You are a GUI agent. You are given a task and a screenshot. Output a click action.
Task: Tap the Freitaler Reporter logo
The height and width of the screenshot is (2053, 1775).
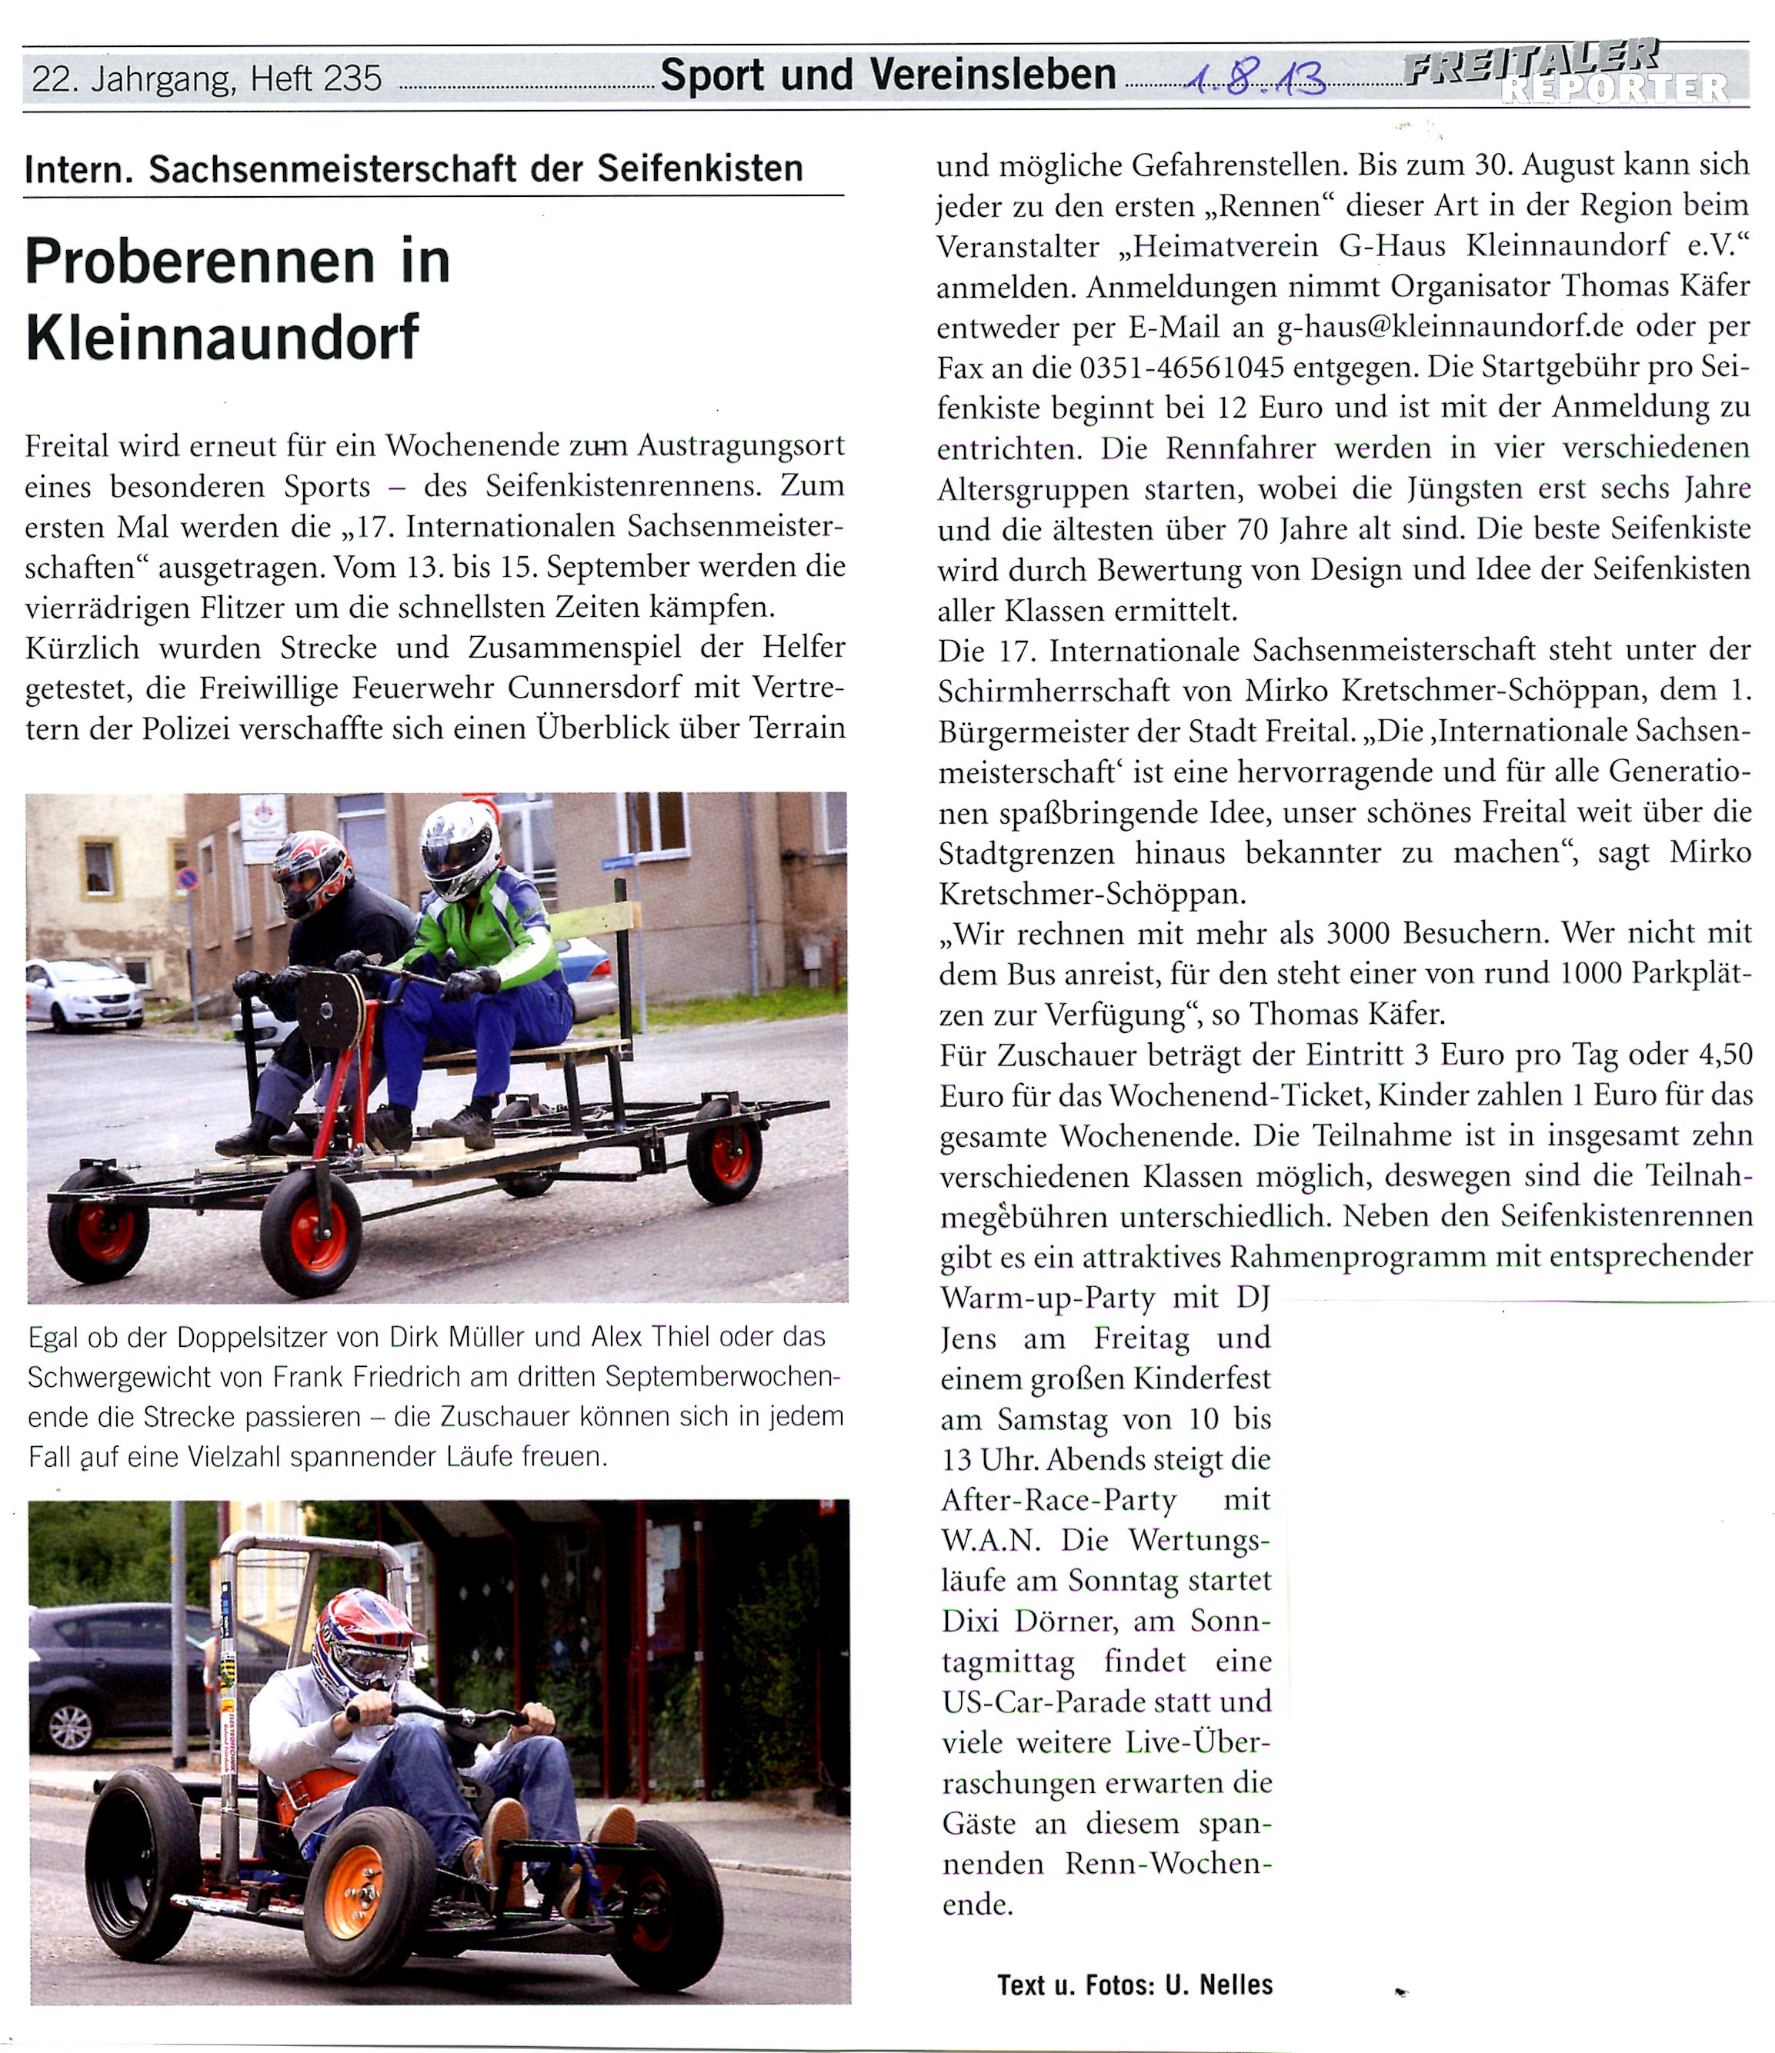coord(1566,72)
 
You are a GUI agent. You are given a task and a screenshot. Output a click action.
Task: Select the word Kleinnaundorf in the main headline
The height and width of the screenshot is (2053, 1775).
coord(223,338)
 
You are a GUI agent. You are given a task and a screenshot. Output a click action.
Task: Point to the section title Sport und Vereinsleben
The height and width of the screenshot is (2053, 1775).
coord(888,75)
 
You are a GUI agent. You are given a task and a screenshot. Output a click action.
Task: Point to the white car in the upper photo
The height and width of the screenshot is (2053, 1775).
coord(84,994)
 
